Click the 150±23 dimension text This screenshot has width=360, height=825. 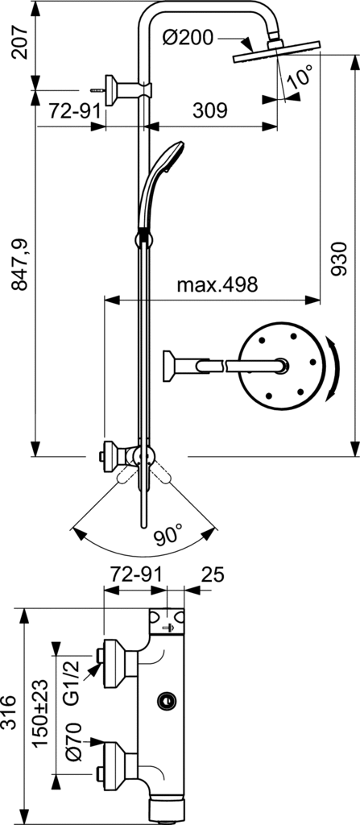[x=39, y=712]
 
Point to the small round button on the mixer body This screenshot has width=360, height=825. [x=167, y=700]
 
